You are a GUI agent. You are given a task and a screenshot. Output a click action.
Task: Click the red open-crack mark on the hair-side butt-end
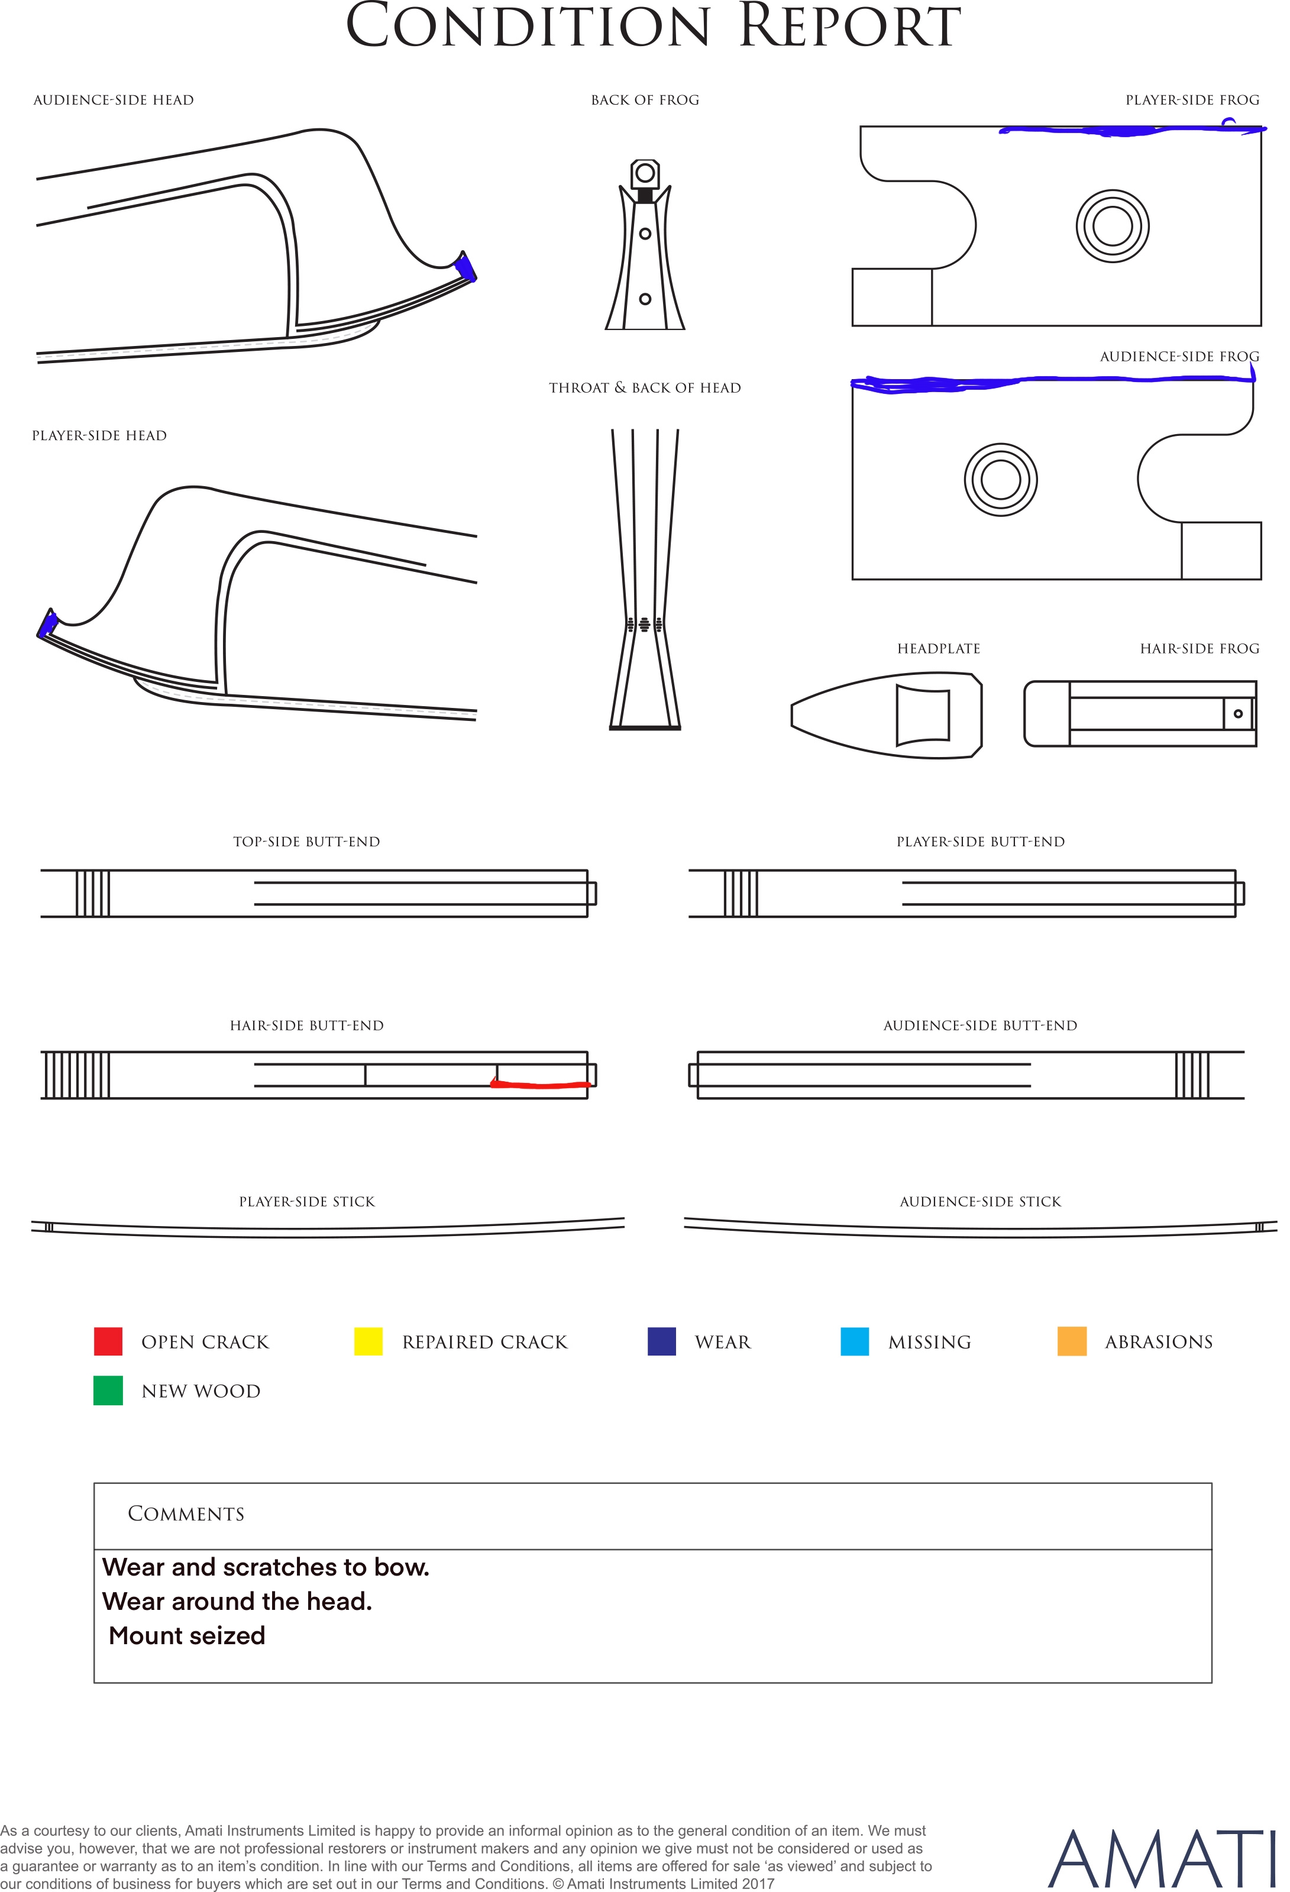[541, 1084]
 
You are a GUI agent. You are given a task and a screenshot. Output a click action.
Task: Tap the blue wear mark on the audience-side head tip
[466, 267]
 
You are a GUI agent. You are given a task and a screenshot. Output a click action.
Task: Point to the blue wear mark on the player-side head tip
[47, 623]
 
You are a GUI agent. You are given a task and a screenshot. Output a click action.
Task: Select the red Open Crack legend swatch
[108, 1341]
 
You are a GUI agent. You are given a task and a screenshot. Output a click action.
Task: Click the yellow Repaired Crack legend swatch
[368, 1341]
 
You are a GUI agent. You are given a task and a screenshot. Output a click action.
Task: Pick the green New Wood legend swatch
[108, 1390]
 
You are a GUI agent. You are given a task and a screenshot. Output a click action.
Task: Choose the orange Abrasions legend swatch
[1072, 1341]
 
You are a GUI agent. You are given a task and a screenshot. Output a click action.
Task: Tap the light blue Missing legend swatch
[854, 1341]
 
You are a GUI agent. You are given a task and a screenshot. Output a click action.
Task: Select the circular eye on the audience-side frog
[1001, 480]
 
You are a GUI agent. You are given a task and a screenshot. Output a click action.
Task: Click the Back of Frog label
[645, 100]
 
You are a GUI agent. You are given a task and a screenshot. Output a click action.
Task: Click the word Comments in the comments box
[186, 1513]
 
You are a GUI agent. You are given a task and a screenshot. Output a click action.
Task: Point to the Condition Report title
[654, 26]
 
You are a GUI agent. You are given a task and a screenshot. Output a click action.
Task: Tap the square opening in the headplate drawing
[923, 715]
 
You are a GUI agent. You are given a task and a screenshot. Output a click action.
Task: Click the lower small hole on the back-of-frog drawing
[645, 299]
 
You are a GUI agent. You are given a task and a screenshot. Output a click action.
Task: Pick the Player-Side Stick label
[307, 1202]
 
